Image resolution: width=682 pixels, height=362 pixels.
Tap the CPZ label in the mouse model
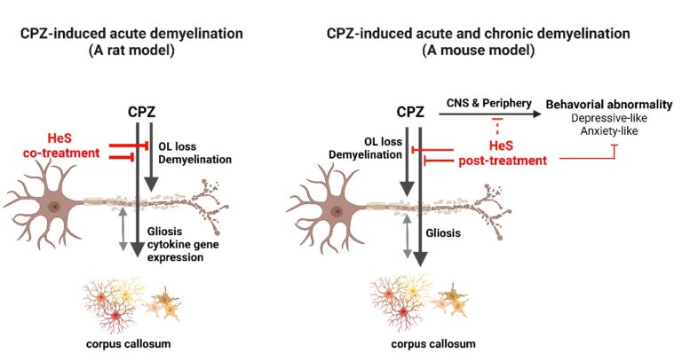(409, 114)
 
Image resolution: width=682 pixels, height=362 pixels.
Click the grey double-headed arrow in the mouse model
(407, 239)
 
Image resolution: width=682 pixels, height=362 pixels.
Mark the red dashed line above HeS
(485, 130)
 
